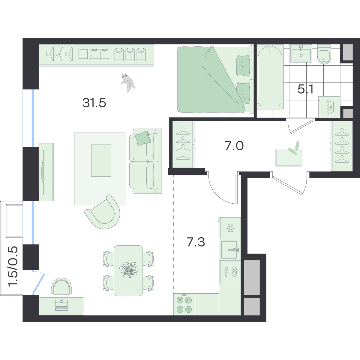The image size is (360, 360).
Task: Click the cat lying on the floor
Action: [128, 82]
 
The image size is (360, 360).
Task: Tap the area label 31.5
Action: [94, 103]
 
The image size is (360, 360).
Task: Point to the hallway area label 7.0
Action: [234, 146]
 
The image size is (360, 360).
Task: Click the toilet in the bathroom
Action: [324, 54]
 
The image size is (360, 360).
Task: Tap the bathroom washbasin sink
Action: [301, 53]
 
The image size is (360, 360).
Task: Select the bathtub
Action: [270, 76]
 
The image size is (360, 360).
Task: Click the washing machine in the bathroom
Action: [329, 107]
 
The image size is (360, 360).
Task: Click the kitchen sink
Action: [230, 250]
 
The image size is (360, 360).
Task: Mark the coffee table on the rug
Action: [101, 160]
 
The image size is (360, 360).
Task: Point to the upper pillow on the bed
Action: [243, 66]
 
